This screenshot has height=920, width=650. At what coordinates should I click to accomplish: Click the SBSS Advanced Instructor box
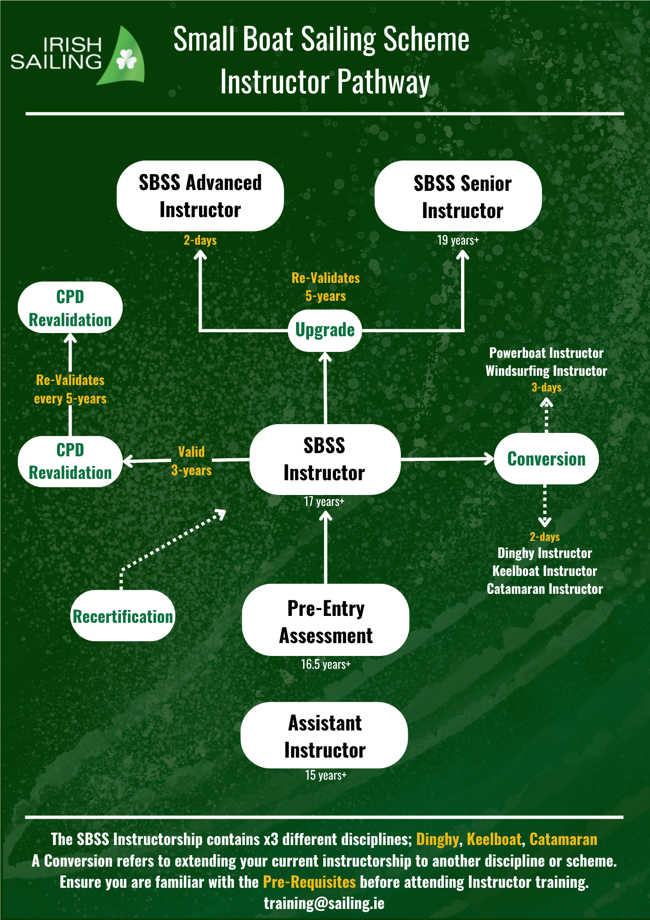click(200, 196)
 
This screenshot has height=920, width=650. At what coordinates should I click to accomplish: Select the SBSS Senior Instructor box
click(458, 196)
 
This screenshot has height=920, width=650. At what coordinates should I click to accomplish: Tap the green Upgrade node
click(325, 330)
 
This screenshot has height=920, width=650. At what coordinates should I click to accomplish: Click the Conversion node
click(546, 459)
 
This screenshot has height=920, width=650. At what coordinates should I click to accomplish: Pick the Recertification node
click(123, 616)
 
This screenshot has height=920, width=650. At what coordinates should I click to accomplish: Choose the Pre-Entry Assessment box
click(325, 621)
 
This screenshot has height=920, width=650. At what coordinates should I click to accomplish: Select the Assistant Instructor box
click(325, 736)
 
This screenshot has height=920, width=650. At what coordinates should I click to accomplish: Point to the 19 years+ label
click(458, 240)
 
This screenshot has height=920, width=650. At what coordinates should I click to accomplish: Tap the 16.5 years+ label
click(325, 664)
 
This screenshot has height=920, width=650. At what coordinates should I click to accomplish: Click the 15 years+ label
click(325, 775)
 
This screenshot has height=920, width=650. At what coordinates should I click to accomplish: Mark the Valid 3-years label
click(191, 461)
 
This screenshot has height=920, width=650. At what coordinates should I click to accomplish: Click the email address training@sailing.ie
click(324, 903)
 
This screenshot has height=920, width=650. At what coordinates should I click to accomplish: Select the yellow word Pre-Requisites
click(309, 882)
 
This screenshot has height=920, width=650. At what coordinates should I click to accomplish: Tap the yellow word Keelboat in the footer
click(494, 839)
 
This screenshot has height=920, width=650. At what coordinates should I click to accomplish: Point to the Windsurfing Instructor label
click(546, 371)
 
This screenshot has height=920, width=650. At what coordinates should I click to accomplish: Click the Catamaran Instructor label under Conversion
click(545, 589)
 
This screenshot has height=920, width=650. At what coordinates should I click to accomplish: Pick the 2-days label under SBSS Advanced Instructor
click(200, 240)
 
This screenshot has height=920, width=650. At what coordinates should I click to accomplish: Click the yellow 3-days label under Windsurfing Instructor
click(546, 387)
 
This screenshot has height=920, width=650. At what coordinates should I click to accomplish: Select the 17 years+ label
click(324, 501)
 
